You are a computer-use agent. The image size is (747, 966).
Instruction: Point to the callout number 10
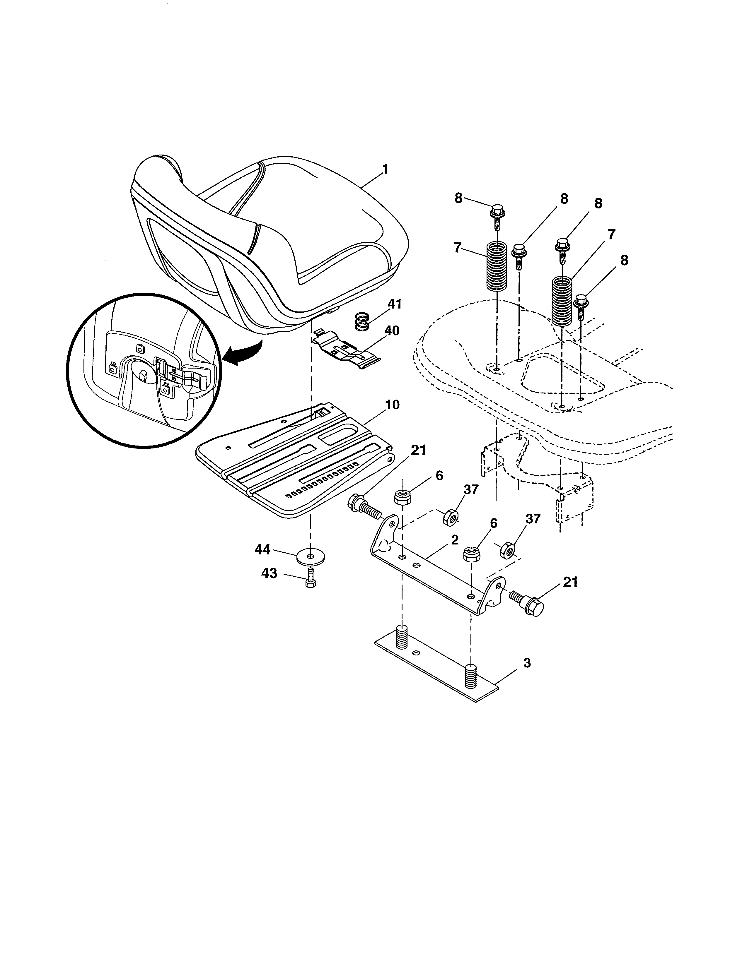[392, 405]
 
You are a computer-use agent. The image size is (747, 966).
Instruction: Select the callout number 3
[527, 675]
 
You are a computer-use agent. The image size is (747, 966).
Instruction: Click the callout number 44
[262, 550]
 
